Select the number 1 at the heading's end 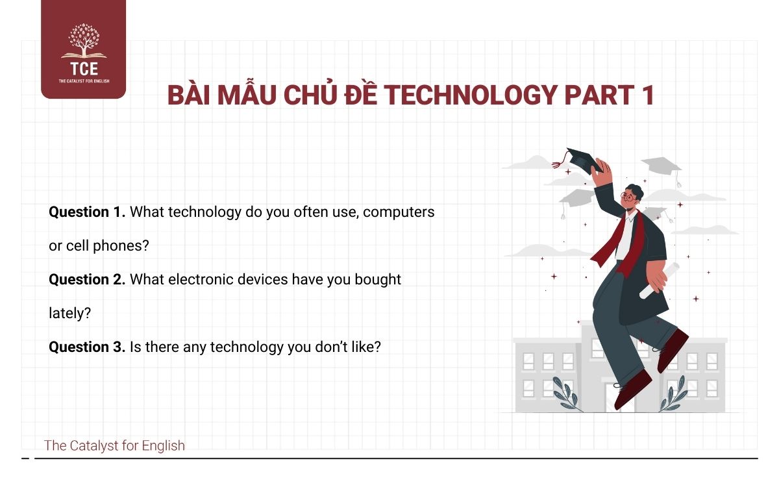(647, 95)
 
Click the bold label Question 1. (87, 212)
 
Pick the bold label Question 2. (87, 279)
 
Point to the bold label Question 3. (87, 347)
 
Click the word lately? (69, 313)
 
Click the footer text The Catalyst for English (114, 445)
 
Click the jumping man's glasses (628, 197)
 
